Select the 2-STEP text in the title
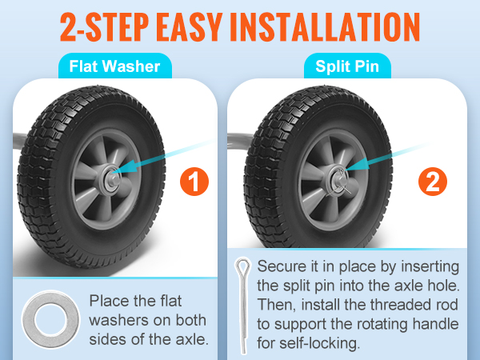[104, 27]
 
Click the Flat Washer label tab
[114, 66]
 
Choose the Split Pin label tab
[347, 66]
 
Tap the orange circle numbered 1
[194, 182]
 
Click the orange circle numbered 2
[433, 182]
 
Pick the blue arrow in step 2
[386, 157]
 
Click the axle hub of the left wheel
[111, 180]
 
